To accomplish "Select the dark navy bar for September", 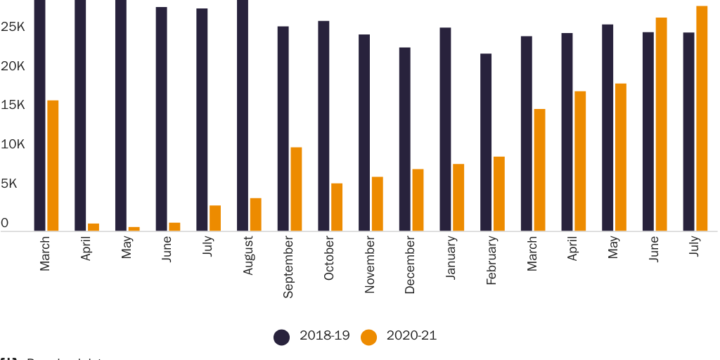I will point(283,128).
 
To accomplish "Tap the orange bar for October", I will point(337,207).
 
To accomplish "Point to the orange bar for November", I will point(378,203).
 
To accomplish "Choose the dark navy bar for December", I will point(405,139).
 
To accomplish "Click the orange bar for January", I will point(458,197).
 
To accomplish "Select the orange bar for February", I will point(499,193).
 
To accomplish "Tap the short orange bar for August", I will point(256,214).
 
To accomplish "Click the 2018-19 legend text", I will point(324,335).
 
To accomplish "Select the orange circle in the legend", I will point(369,337).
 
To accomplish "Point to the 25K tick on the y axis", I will point(13,27).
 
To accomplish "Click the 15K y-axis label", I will point(13,105).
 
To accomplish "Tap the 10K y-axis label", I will point(13,144).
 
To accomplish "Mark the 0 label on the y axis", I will point(5,223).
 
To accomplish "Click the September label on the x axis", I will point(288,266).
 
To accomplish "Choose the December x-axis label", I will point(410,264).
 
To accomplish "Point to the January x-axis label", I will point(451,257).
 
